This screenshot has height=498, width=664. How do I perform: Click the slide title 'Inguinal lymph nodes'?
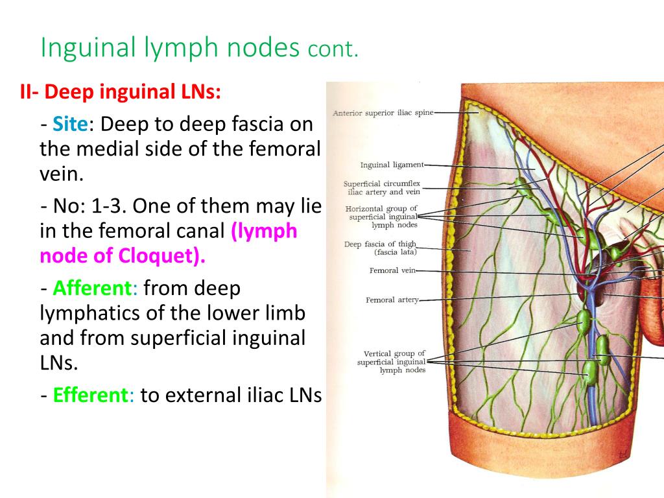(x=170, y=48)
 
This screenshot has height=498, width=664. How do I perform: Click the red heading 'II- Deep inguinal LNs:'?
(x=120, y=93)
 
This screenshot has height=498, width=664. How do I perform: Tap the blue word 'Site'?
(x=70, y=124)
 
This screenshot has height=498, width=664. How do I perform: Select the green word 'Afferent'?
(x=95, y=287)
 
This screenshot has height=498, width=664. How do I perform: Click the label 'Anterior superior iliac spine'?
(x=382, y=113)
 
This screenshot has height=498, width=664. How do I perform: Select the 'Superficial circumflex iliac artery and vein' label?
(x=382, y=187)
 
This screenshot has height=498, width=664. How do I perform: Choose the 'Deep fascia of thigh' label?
(x=380, y=244)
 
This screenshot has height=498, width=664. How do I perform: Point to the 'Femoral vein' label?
(x=392, y=270)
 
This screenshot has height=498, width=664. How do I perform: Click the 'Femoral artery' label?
(x=392, y=300)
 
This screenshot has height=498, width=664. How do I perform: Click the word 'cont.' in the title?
(x=333, y=50)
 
